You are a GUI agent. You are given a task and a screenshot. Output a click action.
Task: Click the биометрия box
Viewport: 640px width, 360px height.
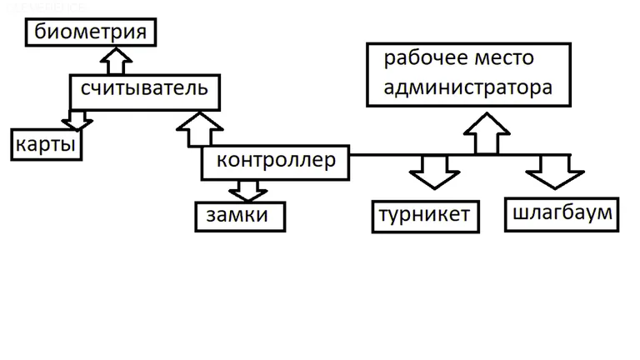(91, 32)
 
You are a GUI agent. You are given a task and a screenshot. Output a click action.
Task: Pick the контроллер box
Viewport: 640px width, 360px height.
(275, 162)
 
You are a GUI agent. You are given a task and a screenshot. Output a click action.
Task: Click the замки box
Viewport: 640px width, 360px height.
(240, 216)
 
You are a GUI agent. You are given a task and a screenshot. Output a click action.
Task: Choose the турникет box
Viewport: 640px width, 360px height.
(425, 216)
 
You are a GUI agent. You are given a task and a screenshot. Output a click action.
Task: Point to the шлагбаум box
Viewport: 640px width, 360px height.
(562, 214)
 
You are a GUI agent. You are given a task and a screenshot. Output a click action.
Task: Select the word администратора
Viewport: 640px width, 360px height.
(467, 87)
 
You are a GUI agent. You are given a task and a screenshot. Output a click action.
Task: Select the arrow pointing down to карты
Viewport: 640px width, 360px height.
(77, 122)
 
